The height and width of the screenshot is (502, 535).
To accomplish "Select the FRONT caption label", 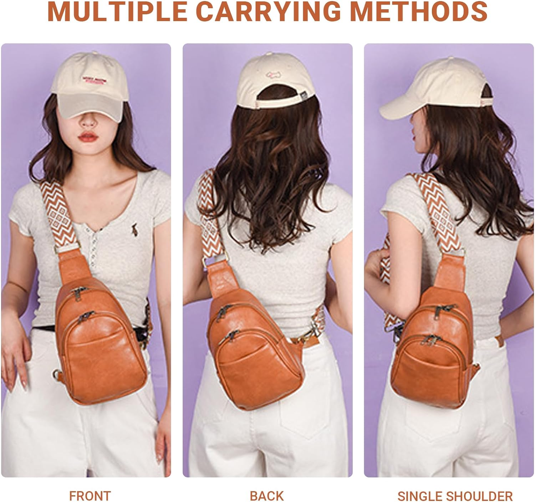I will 90,496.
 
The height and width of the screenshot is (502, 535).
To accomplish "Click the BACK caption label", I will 267,496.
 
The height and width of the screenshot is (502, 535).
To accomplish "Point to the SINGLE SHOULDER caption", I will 455,496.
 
